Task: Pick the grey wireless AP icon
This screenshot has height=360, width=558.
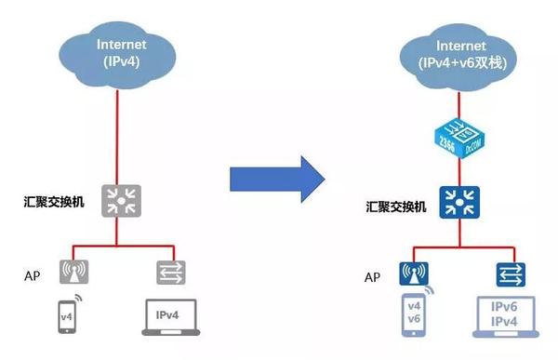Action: (75, 272)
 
